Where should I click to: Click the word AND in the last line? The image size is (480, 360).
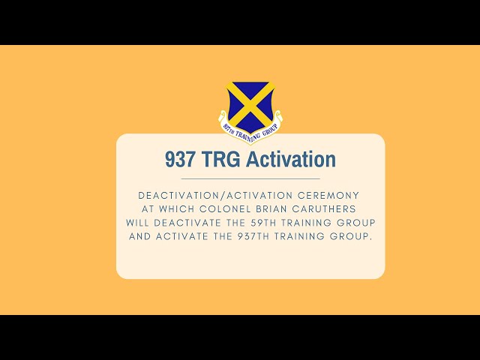[x=140, y=236]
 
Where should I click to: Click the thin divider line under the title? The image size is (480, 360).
[x=250, y=179]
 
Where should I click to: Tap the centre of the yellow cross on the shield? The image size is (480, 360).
[x=250, y=104]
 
